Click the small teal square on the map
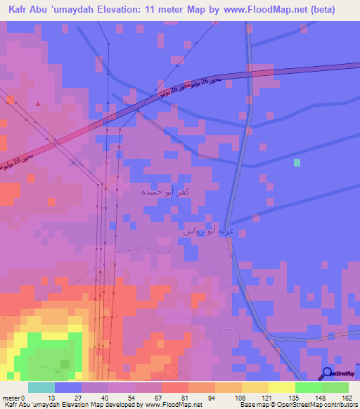(297, 162)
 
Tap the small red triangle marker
(38, 104)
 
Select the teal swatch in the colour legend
(41, 387)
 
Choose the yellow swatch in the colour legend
(281, 387)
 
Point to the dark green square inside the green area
(65, 363)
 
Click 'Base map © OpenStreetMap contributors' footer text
(298, 405)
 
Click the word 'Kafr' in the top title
(20, 9)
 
